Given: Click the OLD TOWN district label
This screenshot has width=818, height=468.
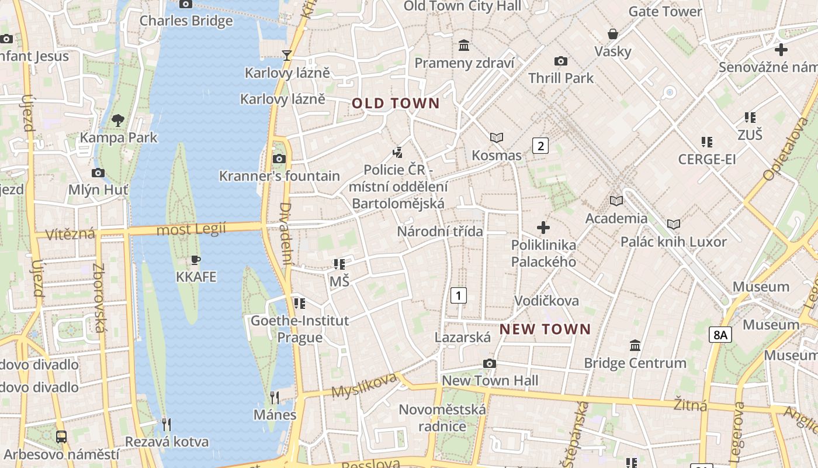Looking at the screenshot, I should [396, 104].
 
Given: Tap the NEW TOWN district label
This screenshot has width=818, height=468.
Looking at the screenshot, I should [545, 329].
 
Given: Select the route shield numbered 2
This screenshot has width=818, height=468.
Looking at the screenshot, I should [540, 146].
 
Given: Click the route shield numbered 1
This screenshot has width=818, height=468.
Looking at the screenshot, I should [459, 295].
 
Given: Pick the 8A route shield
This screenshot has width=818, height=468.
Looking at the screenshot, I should [720, 335].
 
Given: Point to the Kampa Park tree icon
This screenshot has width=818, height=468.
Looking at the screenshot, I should [118, 121].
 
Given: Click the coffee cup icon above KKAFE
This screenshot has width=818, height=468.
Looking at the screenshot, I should [196, 260].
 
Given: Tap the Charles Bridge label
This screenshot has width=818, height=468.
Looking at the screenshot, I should [186, 21].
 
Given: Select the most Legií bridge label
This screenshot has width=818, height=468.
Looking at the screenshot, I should [191, 229].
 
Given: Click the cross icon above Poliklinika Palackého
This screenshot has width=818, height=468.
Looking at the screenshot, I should [543, 227].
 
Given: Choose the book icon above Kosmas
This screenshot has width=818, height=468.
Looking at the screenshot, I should [497, 138].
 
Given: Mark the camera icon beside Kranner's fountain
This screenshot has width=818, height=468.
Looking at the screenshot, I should [279, 159].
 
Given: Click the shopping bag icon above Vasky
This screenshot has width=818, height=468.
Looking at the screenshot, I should [613, 34].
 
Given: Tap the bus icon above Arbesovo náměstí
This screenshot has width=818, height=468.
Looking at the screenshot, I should [61, 436].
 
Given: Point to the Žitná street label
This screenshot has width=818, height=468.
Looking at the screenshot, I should [690, 404].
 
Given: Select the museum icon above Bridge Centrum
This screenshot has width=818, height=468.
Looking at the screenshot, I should [635, 346].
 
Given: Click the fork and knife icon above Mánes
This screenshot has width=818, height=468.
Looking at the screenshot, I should [274, 398].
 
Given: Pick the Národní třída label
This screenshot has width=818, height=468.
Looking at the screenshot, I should [440, 231].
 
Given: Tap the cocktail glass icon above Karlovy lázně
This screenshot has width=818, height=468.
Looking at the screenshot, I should [286, 56].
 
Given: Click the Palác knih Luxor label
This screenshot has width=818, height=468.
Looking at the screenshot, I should [673, 242].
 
